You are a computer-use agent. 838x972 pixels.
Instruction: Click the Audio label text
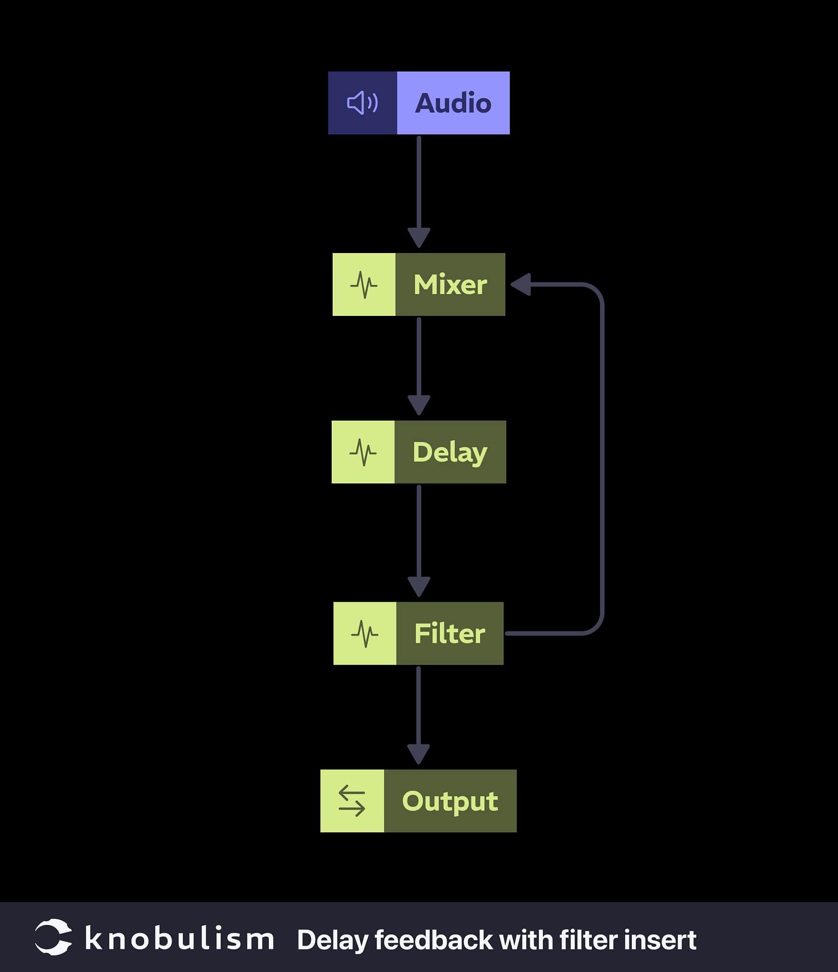coord(453,103)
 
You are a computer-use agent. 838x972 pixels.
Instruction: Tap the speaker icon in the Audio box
coord(362,103)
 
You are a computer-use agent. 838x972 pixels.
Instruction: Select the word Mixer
coord(450,285)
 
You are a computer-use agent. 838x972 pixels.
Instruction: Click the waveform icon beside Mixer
coord(364,285)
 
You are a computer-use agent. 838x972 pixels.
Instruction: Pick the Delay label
coord(450,452)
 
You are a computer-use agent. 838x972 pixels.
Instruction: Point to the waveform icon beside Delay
coord(363,452)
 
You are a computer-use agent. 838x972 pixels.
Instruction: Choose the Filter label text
coord(450,633)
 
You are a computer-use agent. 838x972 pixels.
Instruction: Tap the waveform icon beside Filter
coord(365,633)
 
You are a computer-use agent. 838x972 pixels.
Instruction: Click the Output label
coord(450,801)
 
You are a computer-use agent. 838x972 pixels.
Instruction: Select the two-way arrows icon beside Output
coord(352,801)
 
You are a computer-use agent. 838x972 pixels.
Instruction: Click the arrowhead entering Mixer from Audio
coord(419,238)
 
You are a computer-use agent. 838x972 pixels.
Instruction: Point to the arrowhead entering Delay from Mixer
coord(419,405)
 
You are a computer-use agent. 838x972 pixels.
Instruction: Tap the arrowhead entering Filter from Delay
coord(419,587)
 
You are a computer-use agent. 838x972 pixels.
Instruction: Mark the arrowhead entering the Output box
coord(418,754)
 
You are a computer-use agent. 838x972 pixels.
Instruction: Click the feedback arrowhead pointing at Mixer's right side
coord(521,285)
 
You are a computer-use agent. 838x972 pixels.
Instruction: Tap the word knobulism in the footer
coord(179,939)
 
